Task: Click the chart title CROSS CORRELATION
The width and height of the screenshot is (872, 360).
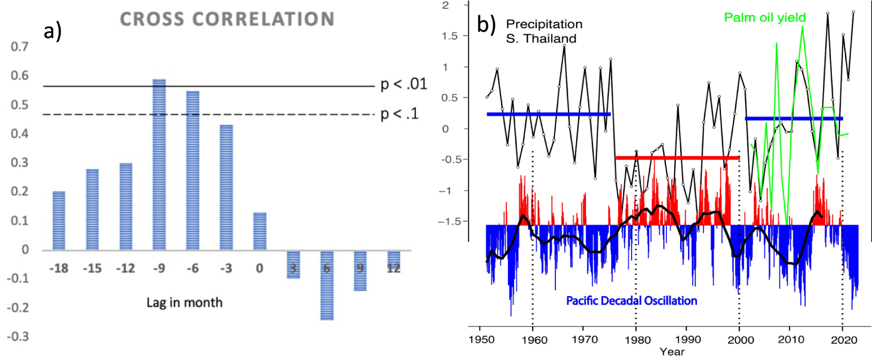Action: [227, 20]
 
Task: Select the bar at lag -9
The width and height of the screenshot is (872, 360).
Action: [159, 164]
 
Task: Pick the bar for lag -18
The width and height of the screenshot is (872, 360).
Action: [59, 220]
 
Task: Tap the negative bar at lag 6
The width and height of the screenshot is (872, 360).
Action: [327, 285]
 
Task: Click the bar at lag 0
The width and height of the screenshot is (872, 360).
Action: [259, 231]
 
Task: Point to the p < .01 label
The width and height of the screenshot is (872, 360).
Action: [404, 84]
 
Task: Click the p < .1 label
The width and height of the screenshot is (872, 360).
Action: [400, 114]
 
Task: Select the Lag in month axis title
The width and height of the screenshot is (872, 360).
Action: [184, 302]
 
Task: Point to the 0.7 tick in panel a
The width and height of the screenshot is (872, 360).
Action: [20, 47]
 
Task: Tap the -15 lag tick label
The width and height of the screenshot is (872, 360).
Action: [92, 269]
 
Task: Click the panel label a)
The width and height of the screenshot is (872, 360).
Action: [52, 31]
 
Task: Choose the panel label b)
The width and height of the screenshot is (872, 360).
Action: [486, 24]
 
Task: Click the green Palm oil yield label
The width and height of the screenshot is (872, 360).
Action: [765, 17]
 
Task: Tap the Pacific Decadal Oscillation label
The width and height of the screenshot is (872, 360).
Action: [632, 301]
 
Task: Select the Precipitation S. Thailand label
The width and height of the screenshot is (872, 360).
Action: [543, 31]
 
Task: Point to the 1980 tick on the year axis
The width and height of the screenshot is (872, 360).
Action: [637, 339]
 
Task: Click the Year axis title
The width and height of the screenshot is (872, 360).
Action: [672, 352]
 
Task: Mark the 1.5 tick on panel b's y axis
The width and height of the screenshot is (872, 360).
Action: [449, 36]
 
